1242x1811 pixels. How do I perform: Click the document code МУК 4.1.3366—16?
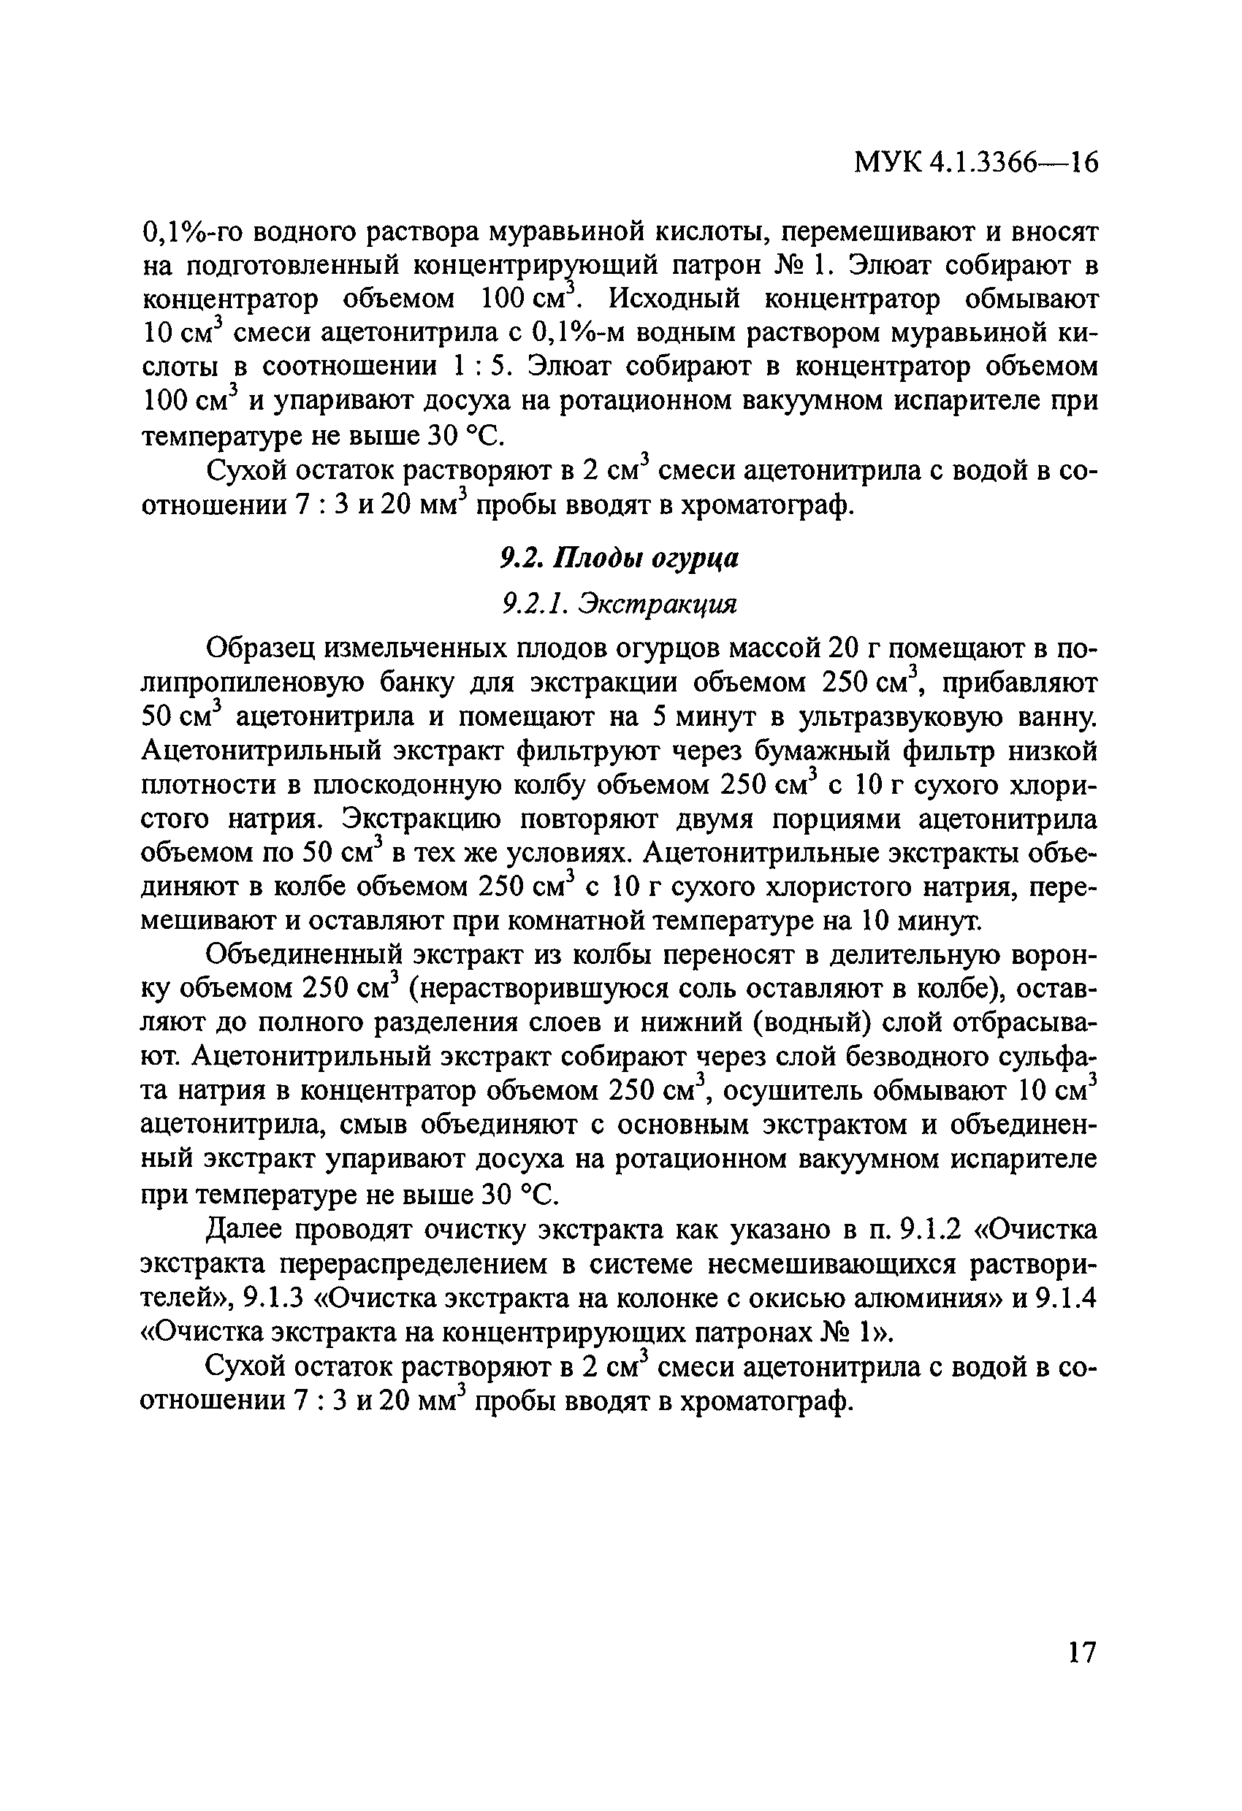(x=975, y=163)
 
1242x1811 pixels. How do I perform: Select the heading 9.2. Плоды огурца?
(x=618, y=558)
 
